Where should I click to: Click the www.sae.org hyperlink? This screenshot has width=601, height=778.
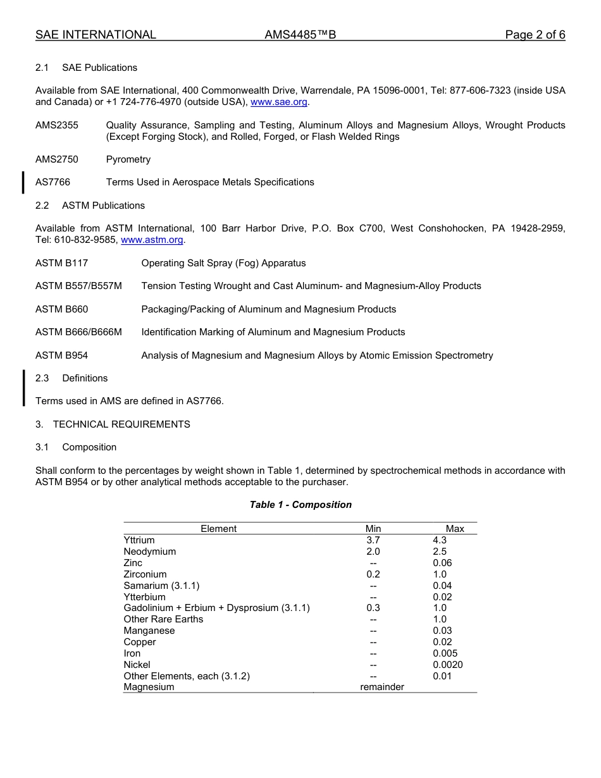(279, 102)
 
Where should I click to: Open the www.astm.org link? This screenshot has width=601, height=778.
(152, 240)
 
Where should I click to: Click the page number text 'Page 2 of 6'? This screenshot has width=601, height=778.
(535, 35)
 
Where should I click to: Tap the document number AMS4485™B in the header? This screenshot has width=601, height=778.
(300, 35)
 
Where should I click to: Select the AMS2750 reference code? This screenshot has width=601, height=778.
(57, 159)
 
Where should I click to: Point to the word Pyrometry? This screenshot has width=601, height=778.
(128, 159)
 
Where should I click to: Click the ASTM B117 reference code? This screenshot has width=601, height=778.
(61, 263)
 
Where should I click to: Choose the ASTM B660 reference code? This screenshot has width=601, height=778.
(61, 309)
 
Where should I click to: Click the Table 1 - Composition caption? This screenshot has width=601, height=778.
(300, 505)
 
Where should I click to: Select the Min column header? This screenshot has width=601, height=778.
(373, 529)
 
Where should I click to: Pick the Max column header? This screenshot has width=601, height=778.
(455, 529)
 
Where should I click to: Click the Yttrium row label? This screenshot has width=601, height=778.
(139, 540)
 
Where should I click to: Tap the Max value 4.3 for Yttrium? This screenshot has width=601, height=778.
(440, 540)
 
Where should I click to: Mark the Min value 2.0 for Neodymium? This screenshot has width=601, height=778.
(373, 552)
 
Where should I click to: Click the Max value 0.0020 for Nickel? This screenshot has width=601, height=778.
(448, 665)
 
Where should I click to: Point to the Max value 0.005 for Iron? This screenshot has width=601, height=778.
(445, 653)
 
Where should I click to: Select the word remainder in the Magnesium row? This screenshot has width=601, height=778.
(382, 687)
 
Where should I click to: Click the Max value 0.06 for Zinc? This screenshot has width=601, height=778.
(442, 563)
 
